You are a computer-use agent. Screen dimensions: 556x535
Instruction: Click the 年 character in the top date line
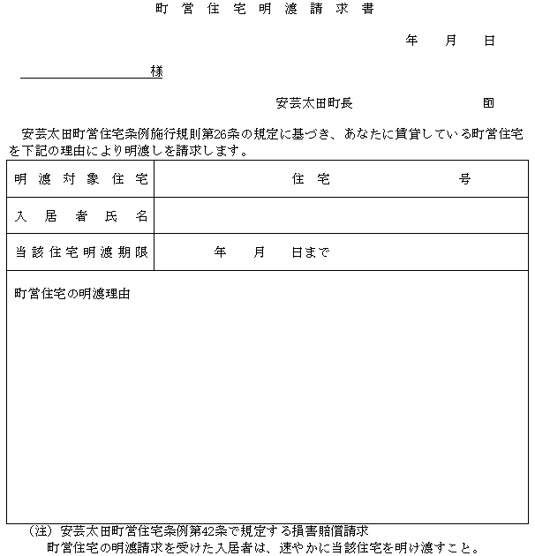click(x=411, y=41)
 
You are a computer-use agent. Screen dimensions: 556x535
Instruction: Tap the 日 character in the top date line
click(x=489, y=41)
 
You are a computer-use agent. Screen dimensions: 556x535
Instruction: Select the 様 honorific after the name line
click(x=156, y=71)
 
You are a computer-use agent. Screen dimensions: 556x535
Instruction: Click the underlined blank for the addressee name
click(x=84, y=72)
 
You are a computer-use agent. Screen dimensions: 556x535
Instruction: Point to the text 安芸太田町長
click(x=314, y=102)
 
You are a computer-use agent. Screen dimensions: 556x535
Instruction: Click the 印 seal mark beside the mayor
click(x=489, y=102)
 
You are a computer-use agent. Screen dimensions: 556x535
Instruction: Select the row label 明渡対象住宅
click(x=80, y=179)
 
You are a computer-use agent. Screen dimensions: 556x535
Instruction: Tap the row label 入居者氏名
click(x=80, y=216)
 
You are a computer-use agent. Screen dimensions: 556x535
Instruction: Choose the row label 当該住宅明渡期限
click(x=80, y=252)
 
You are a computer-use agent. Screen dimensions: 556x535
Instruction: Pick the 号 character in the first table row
click(x=465, y=179)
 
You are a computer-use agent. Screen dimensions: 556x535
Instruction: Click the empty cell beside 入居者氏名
click(x=340, y=216)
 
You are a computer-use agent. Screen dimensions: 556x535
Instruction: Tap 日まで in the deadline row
click(x=311, y=252)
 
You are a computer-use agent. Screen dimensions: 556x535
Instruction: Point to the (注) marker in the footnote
click(x=42, y=531)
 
